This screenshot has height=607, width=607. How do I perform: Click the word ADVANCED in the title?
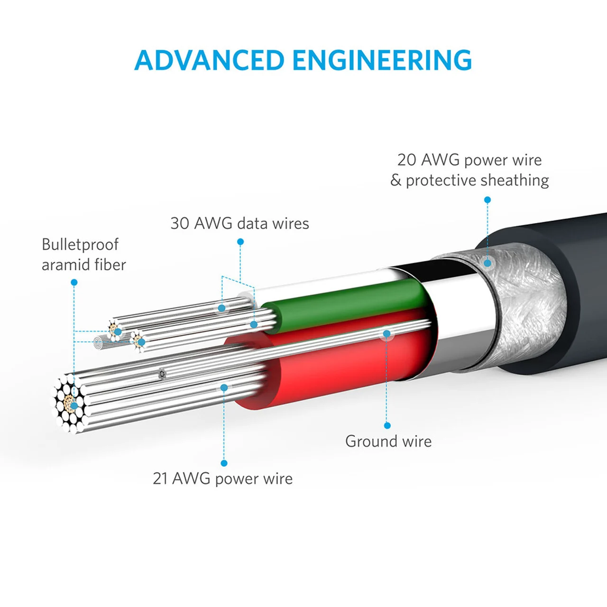coord(209,60)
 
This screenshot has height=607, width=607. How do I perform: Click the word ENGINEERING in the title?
coord(382,60)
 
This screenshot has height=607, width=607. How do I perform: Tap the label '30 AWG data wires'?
coord(239,223)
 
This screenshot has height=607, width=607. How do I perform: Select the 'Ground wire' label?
coord(388,441)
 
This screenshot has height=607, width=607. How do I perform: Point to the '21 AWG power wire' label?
coord(222,478)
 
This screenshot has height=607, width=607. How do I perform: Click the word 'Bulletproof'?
coord(80,245)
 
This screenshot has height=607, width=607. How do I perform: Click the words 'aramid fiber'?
coord(83,265)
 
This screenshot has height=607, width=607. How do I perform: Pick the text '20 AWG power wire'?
coord(469,160)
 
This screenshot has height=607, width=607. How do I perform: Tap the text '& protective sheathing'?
coord(469,180)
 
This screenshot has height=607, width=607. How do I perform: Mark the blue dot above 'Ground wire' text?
coord(387,425)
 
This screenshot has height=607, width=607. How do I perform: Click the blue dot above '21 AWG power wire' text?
coord(224,463)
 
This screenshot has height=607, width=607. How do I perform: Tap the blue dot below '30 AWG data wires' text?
coord(240,242)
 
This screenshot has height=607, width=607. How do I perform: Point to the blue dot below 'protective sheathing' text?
coord(487,200)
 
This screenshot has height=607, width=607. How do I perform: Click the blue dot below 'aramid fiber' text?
coord(74,282)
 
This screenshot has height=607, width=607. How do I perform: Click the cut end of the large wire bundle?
coord(69,404)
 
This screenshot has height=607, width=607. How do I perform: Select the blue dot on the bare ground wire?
coord(387,334)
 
